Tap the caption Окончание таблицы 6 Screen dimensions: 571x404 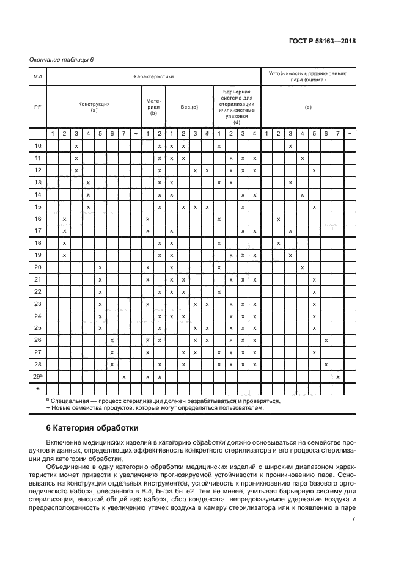pyautogui.click(x=62, y=59)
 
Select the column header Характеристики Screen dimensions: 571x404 pyautogui.click(x=154, y=77)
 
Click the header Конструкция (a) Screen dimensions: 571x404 pyautogui.click(x=94, y=107)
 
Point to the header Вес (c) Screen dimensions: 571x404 pyautogui.click(x=189, y=107)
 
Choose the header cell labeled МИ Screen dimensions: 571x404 pyautogui.click(x=37, y=77)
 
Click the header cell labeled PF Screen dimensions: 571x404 pyautogui.click(x=37, y=107)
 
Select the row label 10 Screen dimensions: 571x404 pyautogui.click(x=37, y=146)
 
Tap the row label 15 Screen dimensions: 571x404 pyautogui.click(x=37, y=207)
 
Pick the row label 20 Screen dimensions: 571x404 pyautogui.click(x=37, y=267)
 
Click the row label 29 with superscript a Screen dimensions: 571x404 pyautogui.click(x=37, y=377)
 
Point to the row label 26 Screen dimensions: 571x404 pyautogui.click(x=37, y=340)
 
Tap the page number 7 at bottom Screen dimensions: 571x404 pyautogui.click(x=353, y=520)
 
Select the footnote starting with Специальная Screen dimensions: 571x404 pyautogui.click(x=163, y=401)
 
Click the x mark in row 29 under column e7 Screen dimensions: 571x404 pyautogui.click(x=338, y=377)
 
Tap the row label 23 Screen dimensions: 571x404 pyautogui.click(x=37, y=304)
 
